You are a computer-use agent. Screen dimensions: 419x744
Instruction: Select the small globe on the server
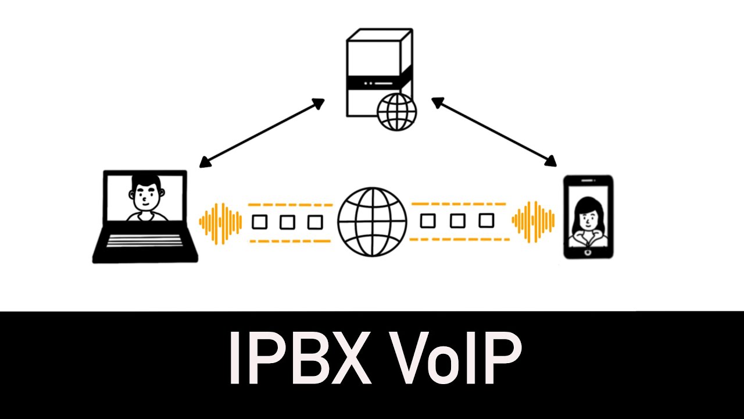(x=397, y=112)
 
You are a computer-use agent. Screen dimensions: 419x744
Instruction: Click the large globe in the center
(x=372, y=222)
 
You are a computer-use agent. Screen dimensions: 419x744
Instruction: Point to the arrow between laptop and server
(x=262, y=133)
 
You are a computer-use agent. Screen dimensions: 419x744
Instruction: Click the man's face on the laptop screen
(x=144, y=193)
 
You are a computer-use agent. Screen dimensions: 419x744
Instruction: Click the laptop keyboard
(x=145, y=240)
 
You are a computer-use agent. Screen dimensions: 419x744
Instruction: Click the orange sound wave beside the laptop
(x=220, y=222)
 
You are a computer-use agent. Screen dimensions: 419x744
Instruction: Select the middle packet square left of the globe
(x=287, y=222)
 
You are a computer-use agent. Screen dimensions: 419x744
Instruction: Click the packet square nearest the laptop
(x=259, y=222)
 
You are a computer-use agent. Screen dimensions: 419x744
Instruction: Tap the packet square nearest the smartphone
(x=487, y=221)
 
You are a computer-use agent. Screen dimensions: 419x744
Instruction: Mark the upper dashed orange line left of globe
(x=290, y=205)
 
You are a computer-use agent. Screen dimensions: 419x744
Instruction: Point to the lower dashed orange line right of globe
(x=459, y=239)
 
